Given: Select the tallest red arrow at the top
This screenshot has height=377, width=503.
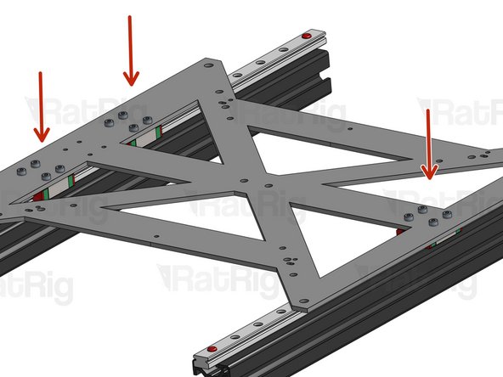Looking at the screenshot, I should point(130,51).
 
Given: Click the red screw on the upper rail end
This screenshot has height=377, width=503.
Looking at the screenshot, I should point(306,36).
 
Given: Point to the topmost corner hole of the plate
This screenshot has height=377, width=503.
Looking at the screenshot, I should point(209,64).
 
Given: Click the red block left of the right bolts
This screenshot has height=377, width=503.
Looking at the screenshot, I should point(399,229).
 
